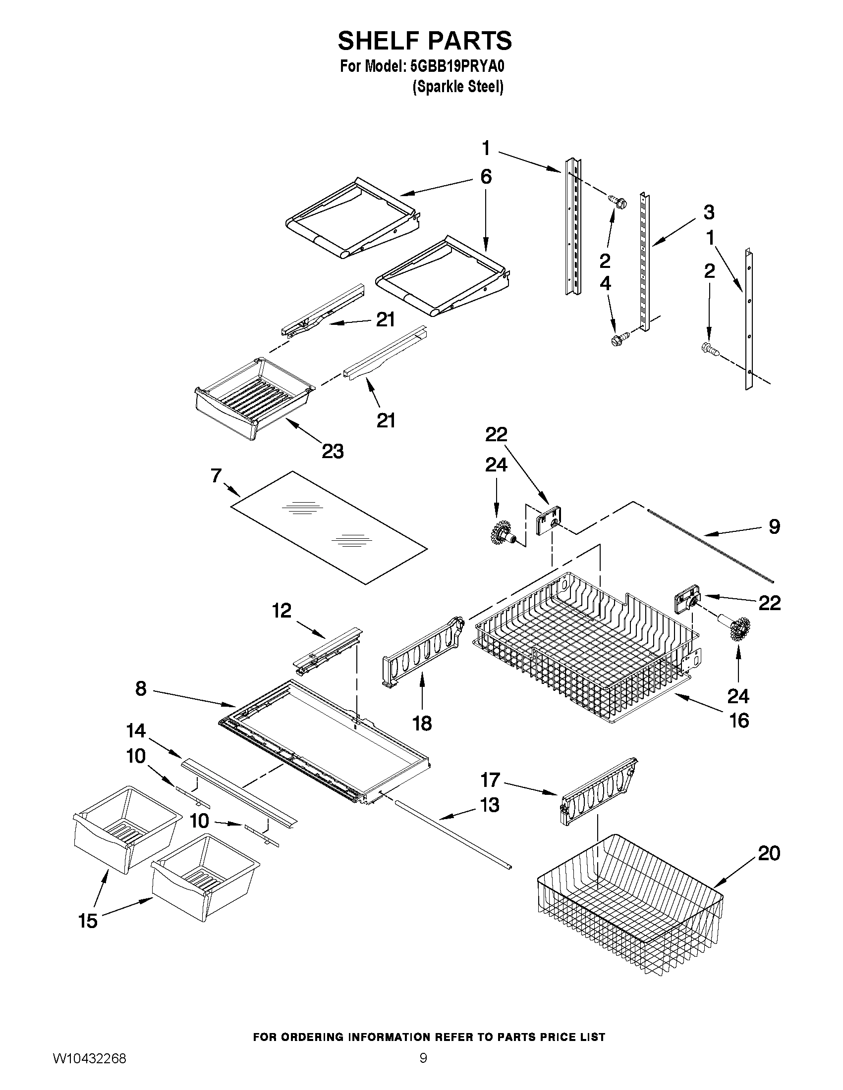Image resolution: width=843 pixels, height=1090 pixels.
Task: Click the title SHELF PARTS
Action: [x=425, y=41]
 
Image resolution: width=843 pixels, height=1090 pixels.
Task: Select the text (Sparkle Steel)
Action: [x=457, y=87]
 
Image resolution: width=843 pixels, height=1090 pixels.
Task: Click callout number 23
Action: [x=333, y=452]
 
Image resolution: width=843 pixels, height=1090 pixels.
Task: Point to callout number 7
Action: [x=216, y=475]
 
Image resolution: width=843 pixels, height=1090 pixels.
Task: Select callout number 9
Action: [x=774, y=526]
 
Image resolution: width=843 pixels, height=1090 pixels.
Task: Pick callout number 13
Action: [x=490, y=805]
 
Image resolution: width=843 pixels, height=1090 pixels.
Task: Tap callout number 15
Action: [x=88, y=921]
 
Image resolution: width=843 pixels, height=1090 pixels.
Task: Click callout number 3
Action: [x=709, y=212]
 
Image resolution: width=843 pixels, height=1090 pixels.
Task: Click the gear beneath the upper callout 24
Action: [x=501, y=533]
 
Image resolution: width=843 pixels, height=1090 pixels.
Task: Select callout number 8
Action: [x=141, y=689]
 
